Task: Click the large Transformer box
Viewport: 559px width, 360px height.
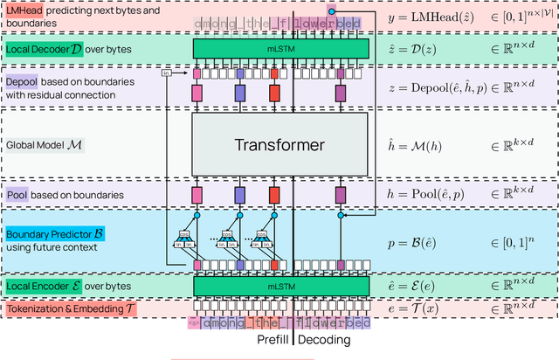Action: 279,144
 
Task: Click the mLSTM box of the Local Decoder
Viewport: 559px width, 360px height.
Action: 279,49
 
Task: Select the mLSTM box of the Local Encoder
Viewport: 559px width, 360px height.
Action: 279,285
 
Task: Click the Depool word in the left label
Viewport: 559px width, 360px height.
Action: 22,80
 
